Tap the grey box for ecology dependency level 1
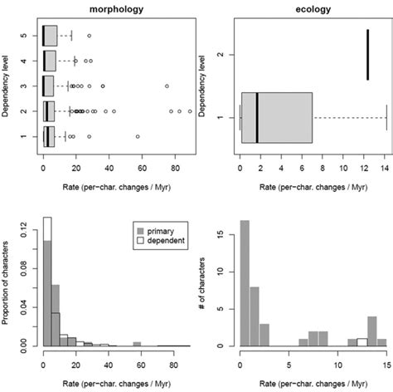(275, 117)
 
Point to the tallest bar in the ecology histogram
(245, 282)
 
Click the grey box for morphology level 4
(49, 61)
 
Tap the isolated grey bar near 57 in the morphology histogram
(137, 343)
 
